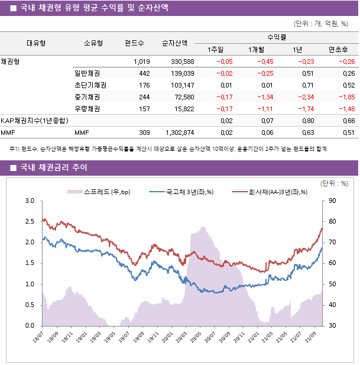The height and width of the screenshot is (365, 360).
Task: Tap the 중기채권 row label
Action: point(87,97)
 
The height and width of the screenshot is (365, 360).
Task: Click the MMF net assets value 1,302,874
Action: point(177,133)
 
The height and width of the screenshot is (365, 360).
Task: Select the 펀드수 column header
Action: point(134,43)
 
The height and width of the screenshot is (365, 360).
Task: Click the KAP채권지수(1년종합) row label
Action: point(34,121)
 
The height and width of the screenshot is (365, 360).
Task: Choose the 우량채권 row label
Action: point(87,109)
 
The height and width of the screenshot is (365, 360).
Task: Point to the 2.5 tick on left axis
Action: point(29,222)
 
